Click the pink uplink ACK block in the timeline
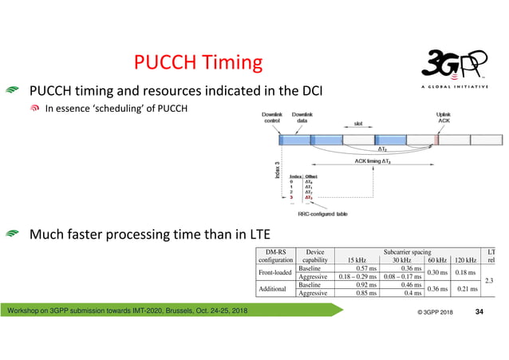tap(436, 140)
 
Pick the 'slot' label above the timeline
tap(360, 124)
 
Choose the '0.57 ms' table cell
tap(365, 269)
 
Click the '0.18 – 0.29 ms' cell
tap(357, 277)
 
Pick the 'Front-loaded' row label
tap(274, 273)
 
